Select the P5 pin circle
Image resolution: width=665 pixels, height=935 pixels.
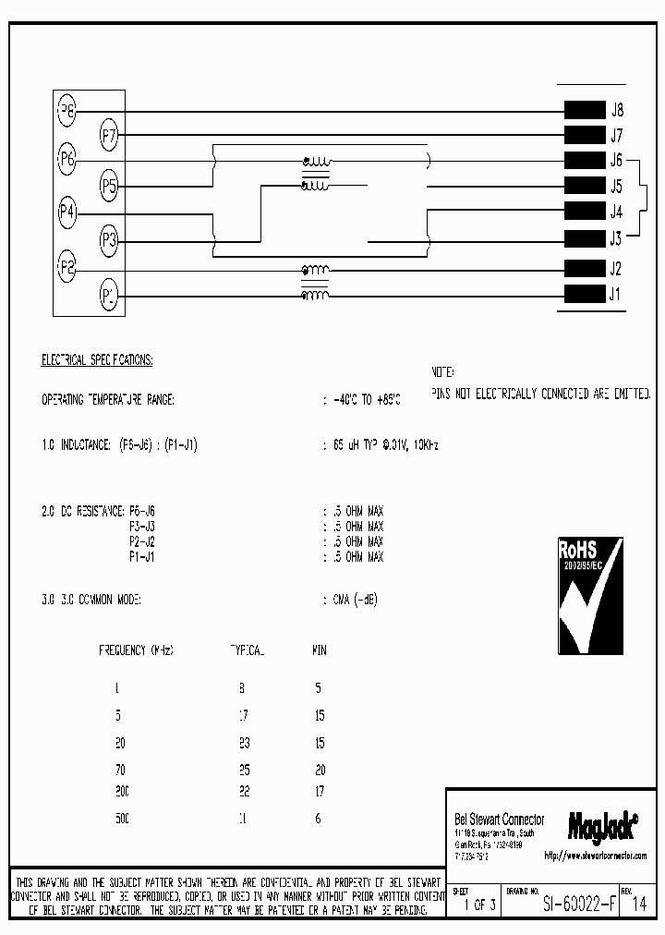point(109,188)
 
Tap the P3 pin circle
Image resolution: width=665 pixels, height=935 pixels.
point(109,242)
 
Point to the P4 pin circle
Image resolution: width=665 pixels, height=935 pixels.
point(66,214)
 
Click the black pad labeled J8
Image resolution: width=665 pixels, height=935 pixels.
point(584,109)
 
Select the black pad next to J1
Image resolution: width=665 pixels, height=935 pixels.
point(584,295)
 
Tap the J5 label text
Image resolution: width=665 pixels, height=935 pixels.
point(616,185)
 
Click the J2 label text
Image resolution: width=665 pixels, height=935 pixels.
point(616,270)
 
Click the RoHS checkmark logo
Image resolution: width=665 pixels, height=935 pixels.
point(589,594)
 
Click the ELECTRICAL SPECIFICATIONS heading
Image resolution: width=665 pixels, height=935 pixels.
point(97,359)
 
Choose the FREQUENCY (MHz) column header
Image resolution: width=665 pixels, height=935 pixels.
point(136,650)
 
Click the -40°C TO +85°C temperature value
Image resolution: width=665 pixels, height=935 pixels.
point(367,400)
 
